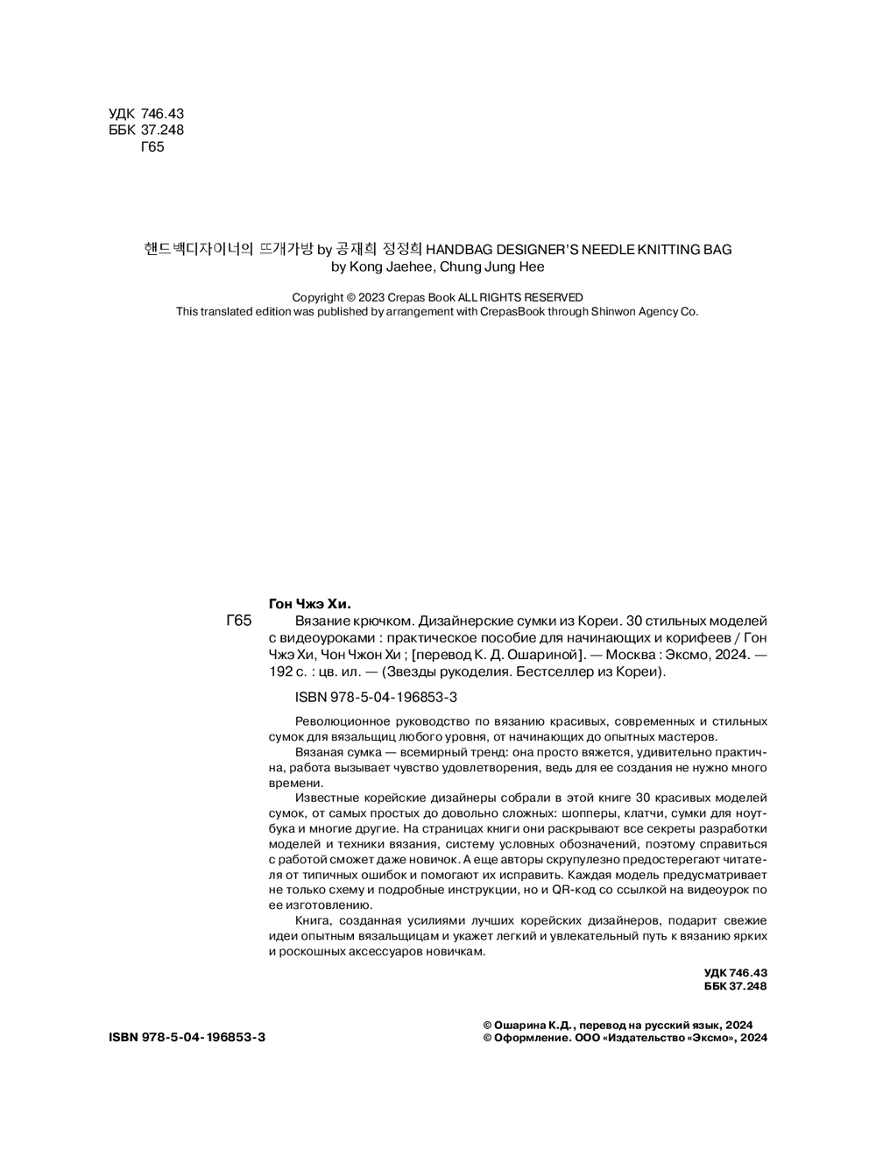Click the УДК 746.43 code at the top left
146,114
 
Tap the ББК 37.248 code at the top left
146,131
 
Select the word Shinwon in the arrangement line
598,311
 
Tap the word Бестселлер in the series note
530,672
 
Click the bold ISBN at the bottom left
187,1037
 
